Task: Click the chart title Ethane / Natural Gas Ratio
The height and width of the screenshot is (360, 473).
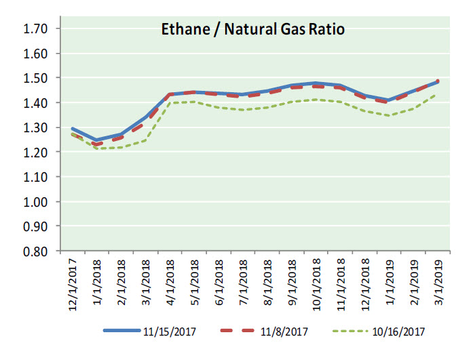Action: pyautogui.click(x=252, y=30)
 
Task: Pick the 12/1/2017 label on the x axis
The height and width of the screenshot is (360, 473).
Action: pyautogui.click(x=73, y=279)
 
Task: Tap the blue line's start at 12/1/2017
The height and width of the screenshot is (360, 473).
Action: pyautogui.click(x=73, y=128)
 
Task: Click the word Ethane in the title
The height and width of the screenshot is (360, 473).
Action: pyautogui.click(x=180, y=30)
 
